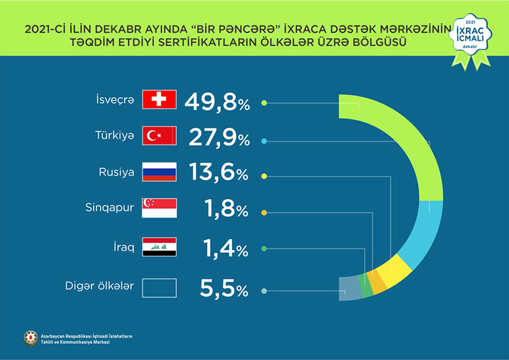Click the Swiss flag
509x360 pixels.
(x=159, y=100)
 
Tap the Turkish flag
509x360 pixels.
(x=159, y=135)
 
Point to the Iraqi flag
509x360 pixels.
(x=159, y=247)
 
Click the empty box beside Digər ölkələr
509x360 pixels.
(x=159, y=288)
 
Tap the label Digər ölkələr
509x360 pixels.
(x=100, y=287)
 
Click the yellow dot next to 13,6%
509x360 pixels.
(x=264, y=175)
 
